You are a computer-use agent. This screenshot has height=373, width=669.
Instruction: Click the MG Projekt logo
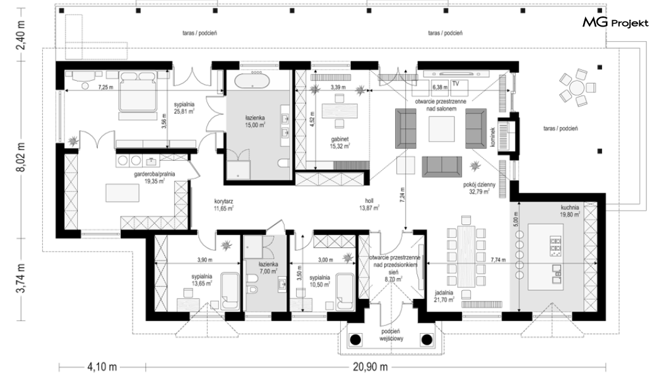pos(615,23)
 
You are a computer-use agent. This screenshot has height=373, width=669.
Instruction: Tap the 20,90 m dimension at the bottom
pos(370,366)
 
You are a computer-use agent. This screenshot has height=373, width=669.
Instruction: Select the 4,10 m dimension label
pos(102,366)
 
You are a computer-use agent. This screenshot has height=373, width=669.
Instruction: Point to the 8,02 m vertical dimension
pos(21,157)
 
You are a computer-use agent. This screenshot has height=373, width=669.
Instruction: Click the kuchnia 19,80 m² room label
pos(570,211)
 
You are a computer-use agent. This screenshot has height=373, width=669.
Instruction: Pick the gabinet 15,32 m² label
pos(340,143)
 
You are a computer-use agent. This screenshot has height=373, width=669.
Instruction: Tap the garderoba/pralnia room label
pos(155,177)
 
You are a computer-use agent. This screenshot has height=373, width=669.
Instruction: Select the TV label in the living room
pos(456,83)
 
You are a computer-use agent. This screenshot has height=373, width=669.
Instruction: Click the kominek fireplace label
pos(492,137)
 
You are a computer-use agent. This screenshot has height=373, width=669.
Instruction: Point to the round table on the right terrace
pos(577,89)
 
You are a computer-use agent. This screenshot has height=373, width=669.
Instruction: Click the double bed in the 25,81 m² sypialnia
pos(137,92)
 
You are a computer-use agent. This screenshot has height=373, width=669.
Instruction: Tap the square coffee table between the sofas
pos(441,128)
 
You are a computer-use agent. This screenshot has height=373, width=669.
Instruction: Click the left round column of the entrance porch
pos(355,339)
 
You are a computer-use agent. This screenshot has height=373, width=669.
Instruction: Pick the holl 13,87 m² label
pos(369,205)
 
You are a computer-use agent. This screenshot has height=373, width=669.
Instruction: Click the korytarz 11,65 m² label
pos(223,205)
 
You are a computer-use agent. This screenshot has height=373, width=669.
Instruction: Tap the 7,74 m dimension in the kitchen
pos(498,259)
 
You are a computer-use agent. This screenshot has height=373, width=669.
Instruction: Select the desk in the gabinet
pos(339,111)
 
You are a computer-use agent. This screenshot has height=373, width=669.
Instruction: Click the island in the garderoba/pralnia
pos(123,193)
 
